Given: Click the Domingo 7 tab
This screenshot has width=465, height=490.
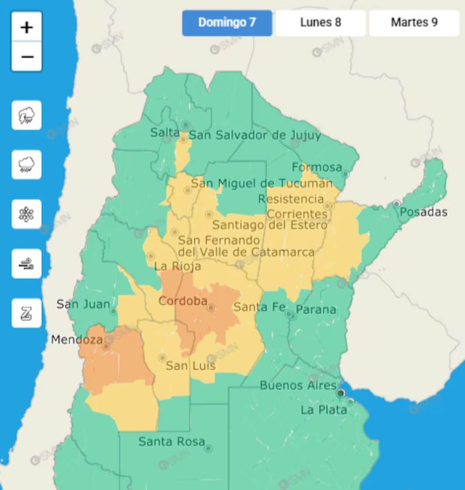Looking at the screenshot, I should click(227, 23).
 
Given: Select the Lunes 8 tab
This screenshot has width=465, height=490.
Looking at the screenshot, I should click(321, 23).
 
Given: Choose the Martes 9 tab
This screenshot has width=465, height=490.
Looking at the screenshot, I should click(414, 23).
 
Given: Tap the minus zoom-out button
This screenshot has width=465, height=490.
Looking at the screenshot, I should click(27, 57).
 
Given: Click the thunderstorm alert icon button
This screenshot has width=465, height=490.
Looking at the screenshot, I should click(27, 115).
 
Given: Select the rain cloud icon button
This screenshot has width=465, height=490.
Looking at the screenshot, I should click(27, 165).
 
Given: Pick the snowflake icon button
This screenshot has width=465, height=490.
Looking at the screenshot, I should click(27, 214).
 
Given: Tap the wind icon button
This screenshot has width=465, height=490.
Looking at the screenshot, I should click(27, 264).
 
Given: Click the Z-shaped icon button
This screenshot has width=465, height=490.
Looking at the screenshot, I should click(27, 313).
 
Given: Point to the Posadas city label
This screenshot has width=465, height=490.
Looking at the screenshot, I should click(423, 212).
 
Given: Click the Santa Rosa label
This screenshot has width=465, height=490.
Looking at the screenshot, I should click(172, 442).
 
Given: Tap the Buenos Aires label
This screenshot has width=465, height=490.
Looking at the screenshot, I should click(298, 385).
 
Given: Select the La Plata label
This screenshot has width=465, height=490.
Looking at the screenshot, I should click(324, 410).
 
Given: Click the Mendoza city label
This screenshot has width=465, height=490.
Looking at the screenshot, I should click(77, 340).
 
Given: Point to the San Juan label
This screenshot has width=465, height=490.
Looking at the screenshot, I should click(83, 304).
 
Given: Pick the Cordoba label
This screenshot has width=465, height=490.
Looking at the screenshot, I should click(182, 301).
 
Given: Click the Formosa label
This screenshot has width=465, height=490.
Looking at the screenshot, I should click(317, 167).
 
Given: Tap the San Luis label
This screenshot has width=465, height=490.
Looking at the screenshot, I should click(190, 366).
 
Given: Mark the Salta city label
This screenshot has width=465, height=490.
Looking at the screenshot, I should click(164, 133).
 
